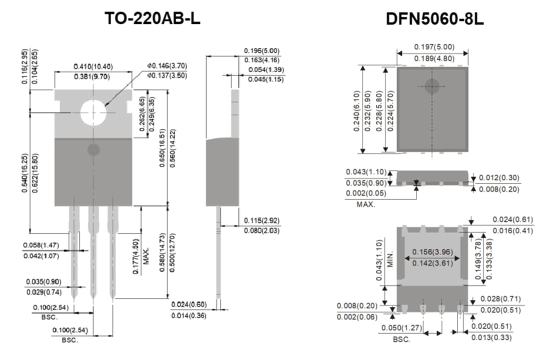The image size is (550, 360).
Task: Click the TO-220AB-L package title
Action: (x=152, y=18)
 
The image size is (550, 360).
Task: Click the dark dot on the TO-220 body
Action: (x=93, y=149)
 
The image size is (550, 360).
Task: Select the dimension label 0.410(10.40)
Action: (x=93, y=66)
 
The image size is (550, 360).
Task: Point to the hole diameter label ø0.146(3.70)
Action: (x=167, y=65)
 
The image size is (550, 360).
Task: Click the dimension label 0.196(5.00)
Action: (x=261, y=51)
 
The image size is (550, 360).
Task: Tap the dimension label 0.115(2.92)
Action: (x=261, y=220)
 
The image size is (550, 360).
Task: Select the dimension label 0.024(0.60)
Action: (x=189, y=304)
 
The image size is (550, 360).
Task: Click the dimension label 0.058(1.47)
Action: (x=41, y=245)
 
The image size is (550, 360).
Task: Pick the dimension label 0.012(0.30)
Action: (x=499, y=178)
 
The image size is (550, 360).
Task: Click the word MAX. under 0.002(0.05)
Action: (x=366, y=204)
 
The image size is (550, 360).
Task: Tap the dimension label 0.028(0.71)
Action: (x=500, y=299)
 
